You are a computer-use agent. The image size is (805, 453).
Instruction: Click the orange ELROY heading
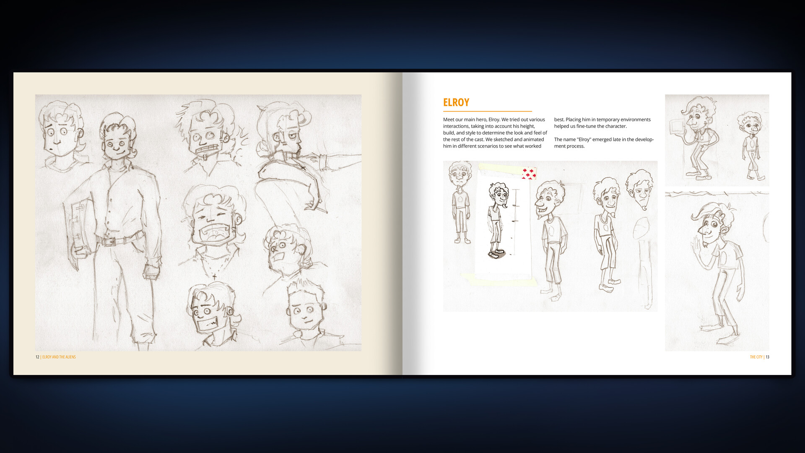coord(456,102)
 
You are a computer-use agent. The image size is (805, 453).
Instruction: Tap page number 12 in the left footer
coord(37,357)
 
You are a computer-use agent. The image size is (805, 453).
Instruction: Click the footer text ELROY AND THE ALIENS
coord(59,357)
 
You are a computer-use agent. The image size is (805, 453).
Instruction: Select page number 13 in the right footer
coord(767,357)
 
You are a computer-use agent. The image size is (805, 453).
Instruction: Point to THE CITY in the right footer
coord(756,357)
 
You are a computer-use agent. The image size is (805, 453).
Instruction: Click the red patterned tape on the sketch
coord(529,173)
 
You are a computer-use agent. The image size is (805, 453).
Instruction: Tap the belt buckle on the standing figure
coord(110,242)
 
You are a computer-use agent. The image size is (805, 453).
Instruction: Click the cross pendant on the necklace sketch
coord(214,276)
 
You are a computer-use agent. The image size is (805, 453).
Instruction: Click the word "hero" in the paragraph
coord(481,120)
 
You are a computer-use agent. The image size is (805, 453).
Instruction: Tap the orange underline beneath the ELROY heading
coord(488,111)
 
